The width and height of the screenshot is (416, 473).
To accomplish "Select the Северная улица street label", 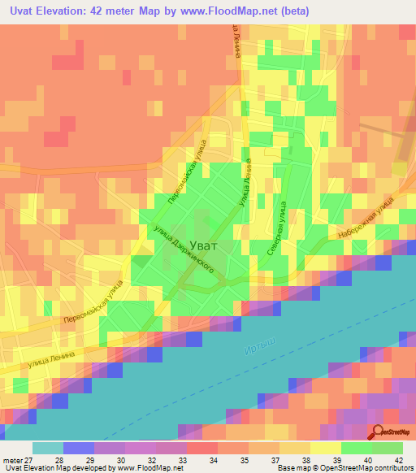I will click(277, 231).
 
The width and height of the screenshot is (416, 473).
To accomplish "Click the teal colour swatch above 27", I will click(48, 448).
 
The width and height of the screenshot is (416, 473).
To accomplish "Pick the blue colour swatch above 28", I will click(79, 448).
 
